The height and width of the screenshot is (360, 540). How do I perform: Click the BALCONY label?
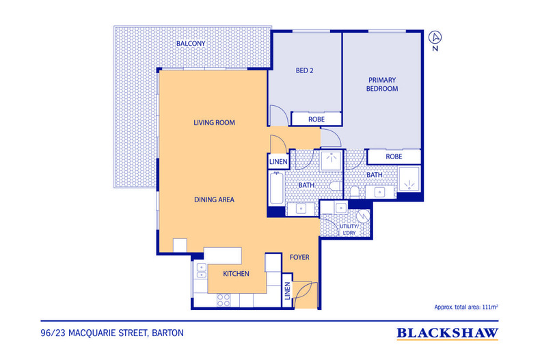point(191,43)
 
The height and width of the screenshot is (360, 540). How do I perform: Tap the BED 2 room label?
point(304,70)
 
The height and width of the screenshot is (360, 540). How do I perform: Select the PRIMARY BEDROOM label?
point(382,84)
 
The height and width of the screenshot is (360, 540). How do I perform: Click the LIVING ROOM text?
point(214,122)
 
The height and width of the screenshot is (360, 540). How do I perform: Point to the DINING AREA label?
point(214,199)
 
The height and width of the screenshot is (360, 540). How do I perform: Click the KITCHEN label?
point(236,274)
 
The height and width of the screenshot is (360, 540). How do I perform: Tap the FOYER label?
point(299,257)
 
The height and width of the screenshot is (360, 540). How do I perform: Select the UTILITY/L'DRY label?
point(349,230)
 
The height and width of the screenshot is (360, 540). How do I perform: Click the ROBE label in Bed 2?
point(316,119)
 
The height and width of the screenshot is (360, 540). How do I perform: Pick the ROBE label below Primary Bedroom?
point(394,156)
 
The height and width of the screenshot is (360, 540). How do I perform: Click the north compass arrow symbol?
point(435,37)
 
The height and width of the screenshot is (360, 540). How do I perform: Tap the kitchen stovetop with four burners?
point(224,300)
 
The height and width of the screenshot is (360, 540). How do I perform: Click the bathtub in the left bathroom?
point(277,189)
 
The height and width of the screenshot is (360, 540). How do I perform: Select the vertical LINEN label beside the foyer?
point(287,291)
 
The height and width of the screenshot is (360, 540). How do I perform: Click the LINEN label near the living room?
point(278,162)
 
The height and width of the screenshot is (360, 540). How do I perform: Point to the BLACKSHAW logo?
point(447,333)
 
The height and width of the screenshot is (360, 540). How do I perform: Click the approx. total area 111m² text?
point(466,307)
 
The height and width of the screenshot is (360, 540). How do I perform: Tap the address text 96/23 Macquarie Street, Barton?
point(112,333)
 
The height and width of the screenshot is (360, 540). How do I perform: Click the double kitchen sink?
point(201,271)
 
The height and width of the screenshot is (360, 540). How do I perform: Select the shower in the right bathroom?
point(409,179)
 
